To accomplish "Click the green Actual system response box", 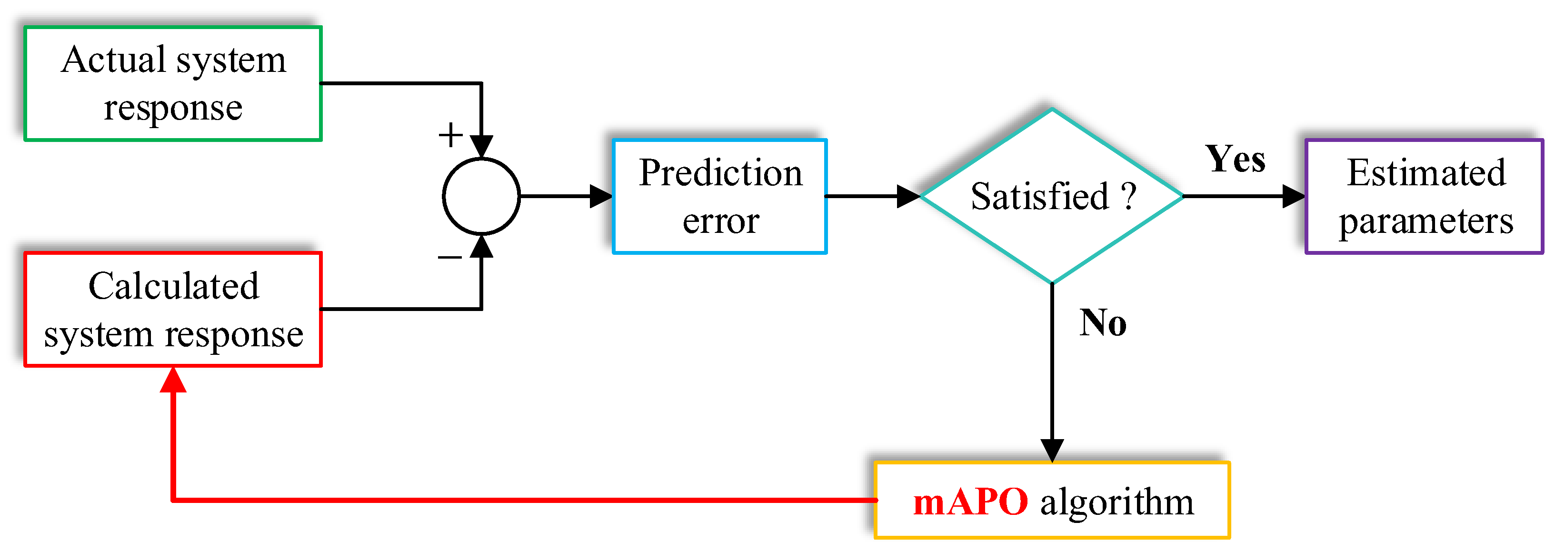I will (x=173, y=83).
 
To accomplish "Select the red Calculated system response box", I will (x=173, y=309).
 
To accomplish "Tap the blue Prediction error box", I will (x=719, y=196).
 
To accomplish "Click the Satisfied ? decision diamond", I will (x=1052, y=196).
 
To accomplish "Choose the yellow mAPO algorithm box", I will (x=1052, y=500).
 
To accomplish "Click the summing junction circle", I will (x=481, y=196).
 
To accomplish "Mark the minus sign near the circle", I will (x=450, y=257).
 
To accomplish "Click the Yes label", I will (x=1235, y=160).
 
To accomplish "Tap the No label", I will (x=1103, y=322).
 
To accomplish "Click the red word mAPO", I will (x=970, y=501).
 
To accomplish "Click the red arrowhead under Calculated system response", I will (x=173, y=381).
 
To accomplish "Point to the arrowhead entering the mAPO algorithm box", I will (x=1052, y=450).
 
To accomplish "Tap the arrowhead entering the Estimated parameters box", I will (x=1293, y=196).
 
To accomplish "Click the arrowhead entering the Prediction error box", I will (x=601, y=196).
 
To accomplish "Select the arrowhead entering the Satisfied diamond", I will (x=908, y=196).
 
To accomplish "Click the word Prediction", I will (x=721, y=173).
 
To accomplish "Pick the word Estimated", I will (x=1426, y=173).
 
